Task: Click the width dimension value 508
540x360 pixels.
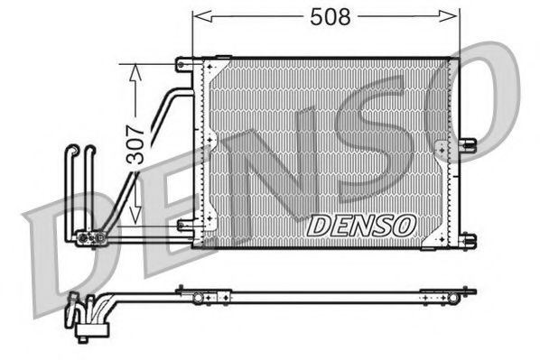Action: pos(327,15)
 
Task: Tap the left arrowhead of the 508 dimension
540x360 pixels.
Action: pos(199,15)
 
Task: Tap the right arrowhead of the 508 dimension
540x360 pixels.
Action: pos(454,15)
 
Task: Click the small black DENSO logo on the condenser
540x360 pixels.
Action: pos(361,225)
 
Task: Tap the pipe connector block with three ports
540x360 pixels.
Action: pos(92,237)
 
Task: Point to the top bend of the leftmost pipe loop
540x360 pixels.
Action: pos(71,151)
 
